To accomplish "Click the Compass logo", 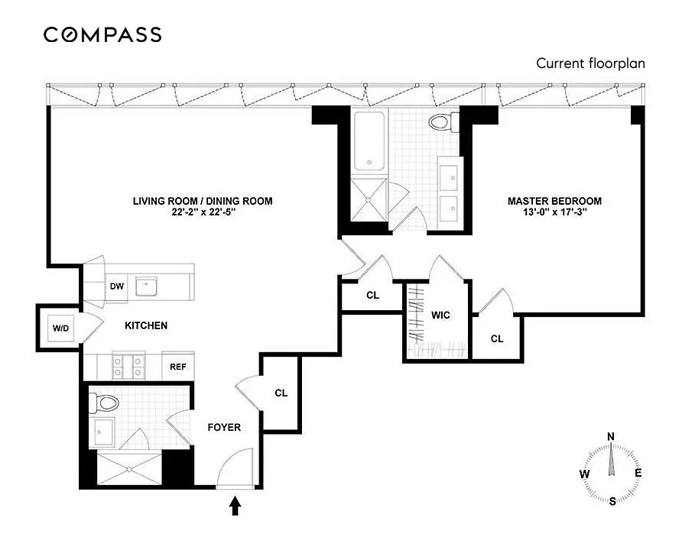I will pos(102,34).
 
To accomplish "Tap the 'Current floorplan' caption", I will pos(590,63).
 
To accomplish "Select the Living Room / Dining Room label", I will pos(203,201).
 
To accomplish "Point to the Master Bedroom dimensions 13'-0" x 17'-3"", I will pos(554,214).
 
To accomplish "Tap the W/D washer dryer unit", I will pos(60,328).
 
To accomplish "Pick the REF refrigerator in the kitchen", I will pos(178,367).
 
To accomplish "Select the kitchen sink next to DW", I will pos(145,286).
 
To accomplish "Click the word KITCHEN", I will pos(146,325).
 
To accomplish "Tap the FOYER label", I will pos(224,427).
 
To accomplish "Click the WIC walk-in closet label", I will pos(440,314).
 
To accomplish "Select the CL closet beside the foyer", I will pos(281,393).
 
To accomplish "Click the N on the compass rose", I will pos(610,436).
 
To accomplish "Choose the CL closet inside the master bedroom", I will pos(497,338).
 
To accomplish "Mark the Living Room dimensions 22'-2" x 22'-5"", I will pos(203,214).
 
